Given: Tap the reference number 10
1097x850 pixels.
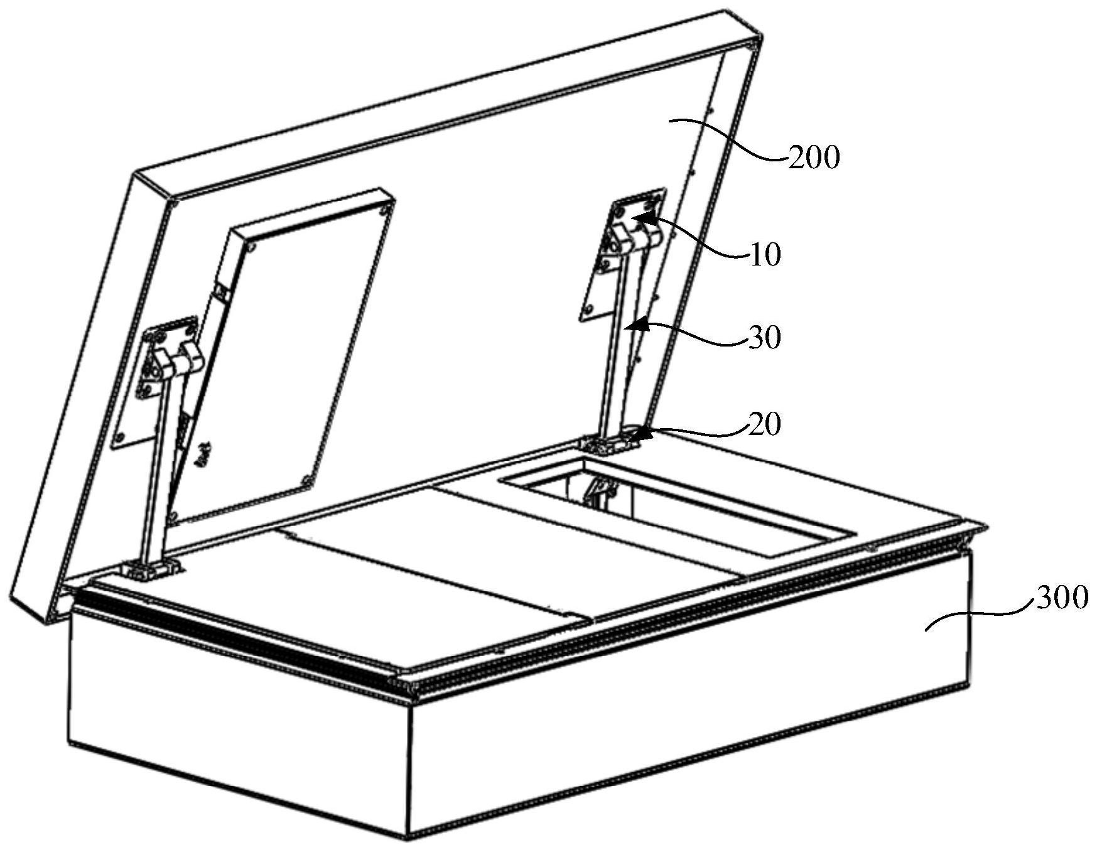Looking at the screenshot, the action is pos(764,255).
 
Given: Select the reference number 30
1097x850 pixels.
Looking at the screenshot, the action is pos(764,338).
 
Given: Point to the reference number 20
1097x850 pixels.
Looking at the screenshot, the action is pos(764,424).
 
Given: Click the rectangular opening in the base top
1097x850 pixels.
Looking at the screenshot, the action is pos(678,506).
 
